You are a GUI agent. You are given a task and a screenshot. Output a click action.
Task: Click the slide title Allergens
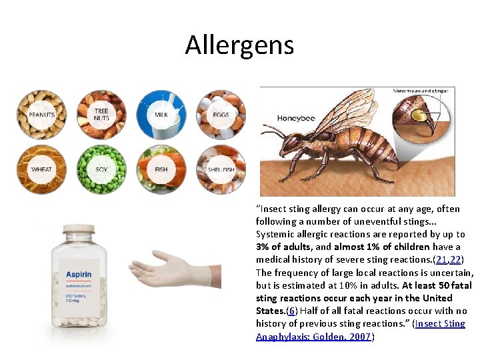pos(239,45)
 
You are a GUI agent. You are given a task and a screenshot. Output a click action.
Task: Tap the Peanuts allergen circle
pos(42,114)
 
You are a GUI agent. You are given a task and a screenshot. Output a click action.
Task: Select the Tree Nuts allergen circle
pos(101,114)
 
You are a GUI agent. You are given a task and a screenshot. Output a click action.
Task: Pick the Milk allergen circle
pos(161,114)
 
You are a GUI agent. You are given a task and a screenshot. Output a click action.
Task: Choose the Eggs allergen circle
pos(221,114)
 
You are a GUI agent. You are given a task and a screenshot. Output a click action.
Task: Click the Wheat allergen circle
pos(42,169)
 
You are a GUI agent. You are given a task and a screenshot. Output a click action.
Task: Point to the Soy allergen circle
pos(101,169)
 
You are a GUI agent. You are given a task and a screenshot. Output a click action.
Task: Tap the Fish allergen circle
pos(161,169)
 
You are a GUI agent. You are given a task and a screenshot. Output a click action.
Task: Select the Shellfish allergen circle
pos(221,169)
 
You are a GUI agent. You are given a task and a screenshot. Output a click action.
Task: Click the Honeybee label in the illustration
pos(297,119)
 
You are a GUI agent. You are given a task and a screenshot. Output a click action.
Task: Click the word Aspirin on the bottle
pos(79,275)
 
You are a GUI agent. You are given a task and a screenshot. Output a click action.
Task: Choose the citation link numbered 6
pos(291,311)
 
